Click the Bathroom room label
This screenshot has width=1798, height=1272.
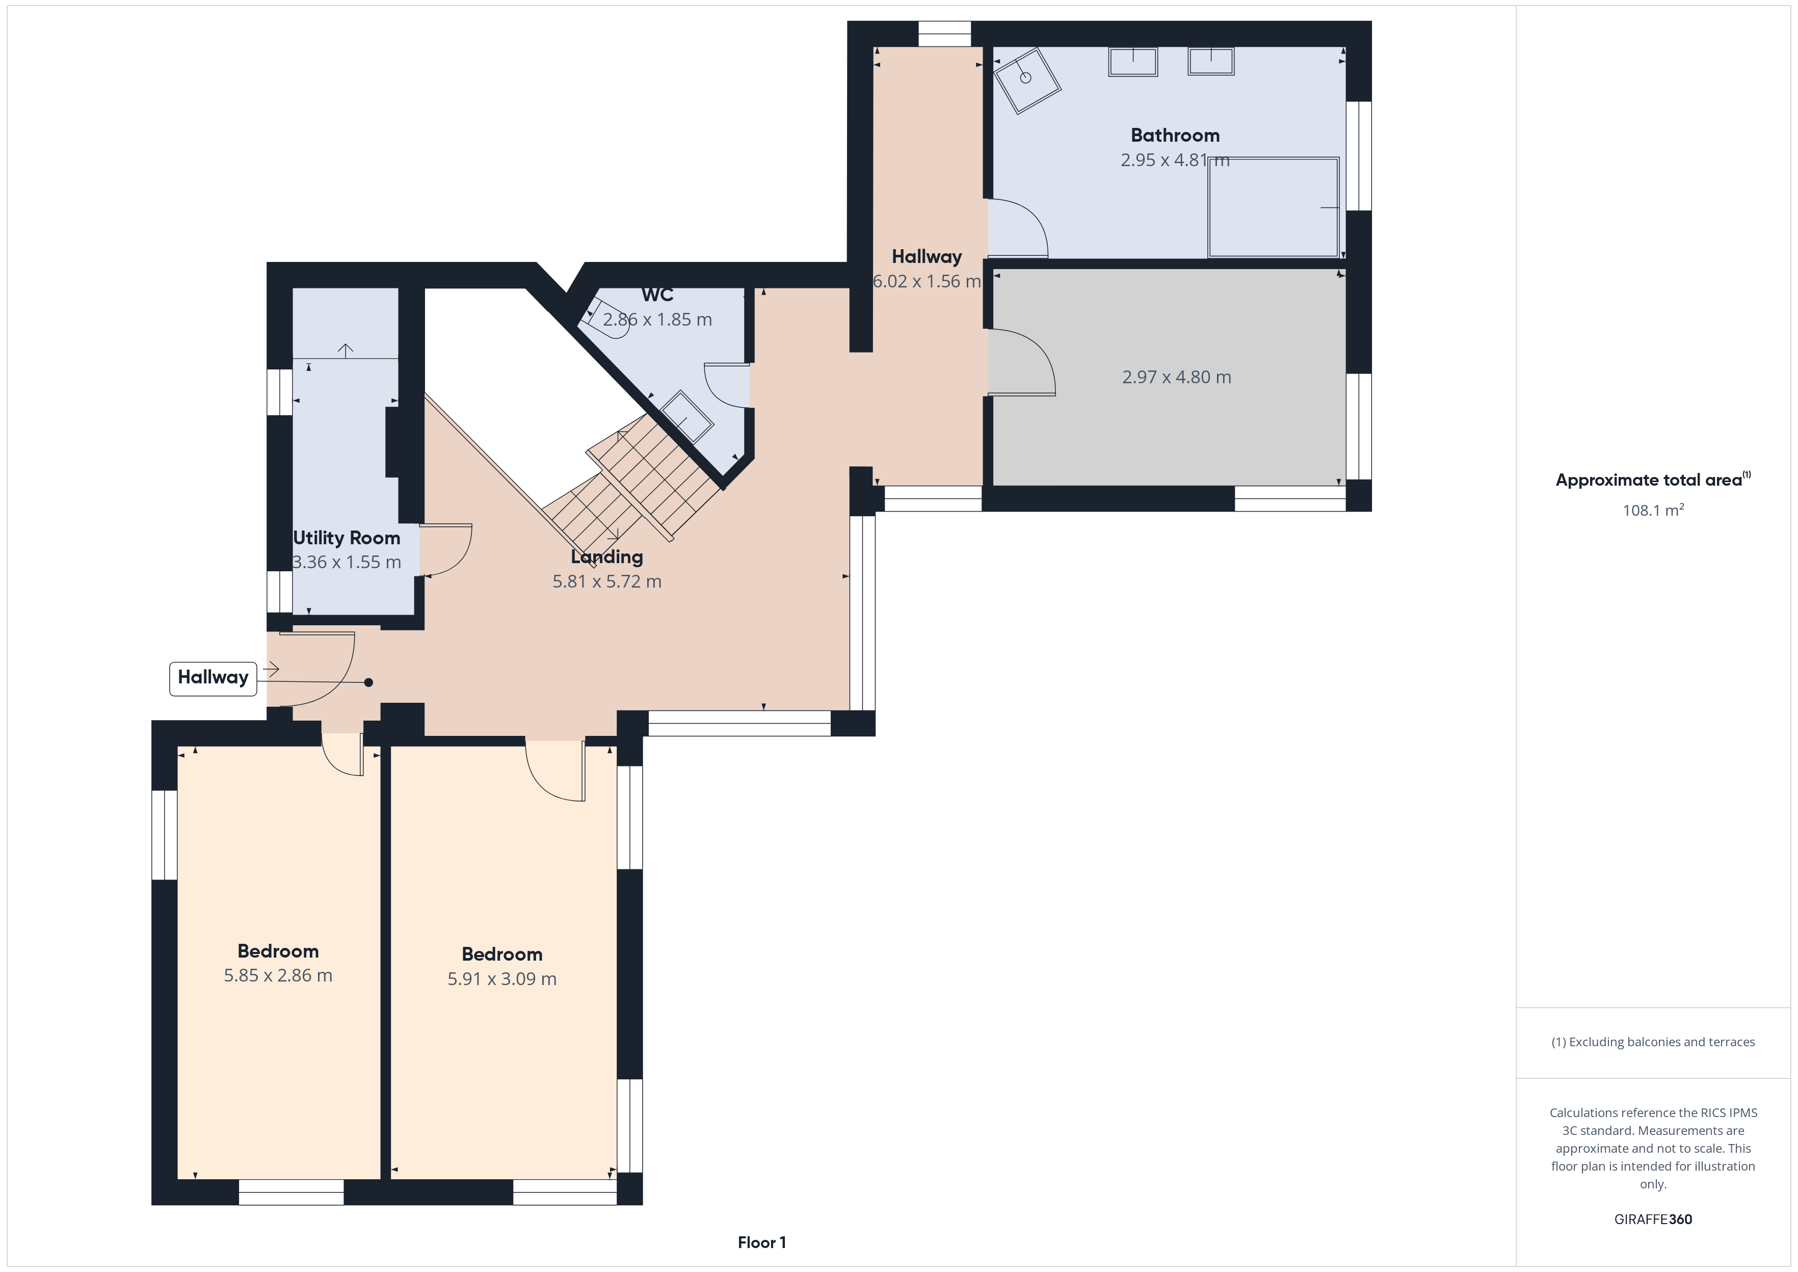tap(1175, 136)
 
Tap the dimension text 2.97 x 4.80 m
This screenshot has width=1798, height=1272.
tap(1176, 378)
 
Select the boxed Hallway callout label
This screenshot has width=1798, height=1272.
tap(213, 677)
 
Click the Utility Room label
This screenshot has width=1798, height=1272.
tap(346, 538)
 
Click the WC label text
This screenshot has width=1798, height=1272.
tap(657, 295)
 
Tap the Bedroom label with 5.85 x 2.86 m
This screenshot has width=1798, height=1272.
tap(278, 951)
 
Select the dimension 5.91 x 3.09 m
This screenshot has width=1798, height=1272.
tap(502, 979)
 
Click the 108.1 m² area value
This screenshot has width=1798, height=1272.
tap(1653, 510)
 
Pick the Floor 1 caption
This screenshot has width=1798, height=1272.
tap(761, 1242)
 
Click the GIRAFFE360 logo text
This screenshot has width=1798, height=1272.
tap(1653, 1220)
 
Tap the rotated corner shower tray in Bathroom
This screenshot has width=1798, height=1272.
tap(1026, 81)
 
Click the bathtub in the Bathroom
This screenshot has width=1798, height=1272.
tap(1273, 207)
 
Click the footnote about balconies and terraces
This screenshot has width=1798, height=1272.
tap(1653, 1042)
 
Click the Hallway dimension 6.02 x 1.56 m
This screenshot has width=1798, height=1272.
tap(927, 282)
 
